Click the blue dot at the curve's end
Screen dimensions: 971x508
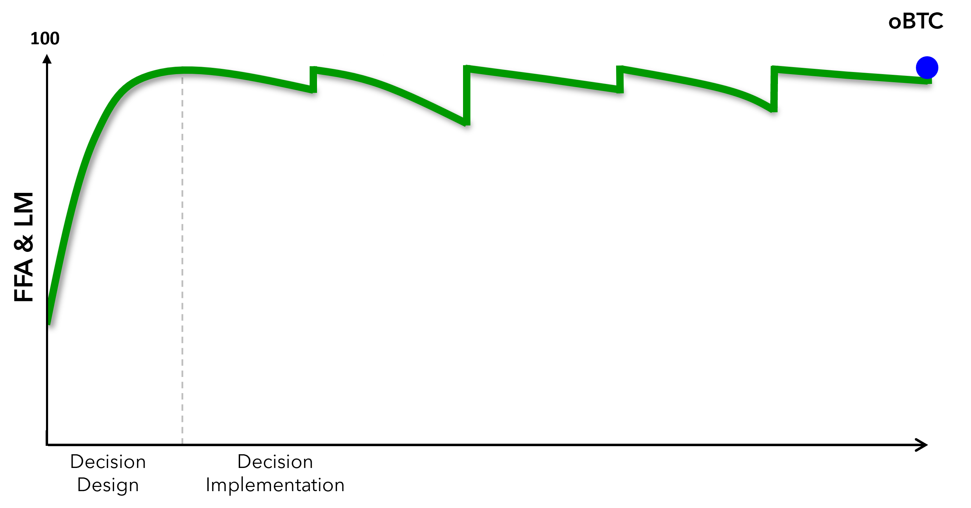[x=926, y=68]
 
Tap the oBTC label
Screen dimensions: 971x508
[x=916, y=21]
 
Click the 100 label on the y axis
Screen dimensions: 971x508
[x=45, y=38]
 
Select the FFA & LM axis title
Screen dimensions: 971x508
[x=24, y=247]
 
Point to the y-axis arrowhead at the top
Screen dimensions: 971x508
[x=47, y=59]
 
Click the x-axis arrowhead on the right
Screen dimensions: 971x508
[x=922, y=445]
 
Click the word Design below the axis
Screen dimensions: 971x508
[x=108, y=486]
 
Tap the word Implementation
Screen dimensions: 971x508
[x=275, y=486]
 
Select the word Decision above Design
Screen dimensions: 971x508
[x=108, y=462]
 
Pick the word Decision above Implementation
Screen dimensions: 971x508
[x=275, y=462]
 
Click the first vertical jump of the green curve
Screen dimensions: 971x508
[x=313, y=80]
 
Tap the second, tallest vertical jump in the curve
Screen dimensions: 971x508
[x=467, y=96]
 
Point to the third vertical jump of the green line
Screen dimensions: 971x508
[x=620, y=80]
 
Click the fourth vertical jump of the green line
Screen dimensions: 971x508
[x=773, y=89]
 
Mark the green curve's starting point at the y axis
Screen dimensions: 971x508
[x=49, y=323]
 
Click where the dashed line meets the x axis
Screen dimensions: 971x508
[x=183, y=445]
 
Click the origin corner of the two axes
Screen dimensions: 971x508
[x=47, y=445]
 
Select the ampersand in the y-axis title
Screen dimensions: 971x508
[x=24, y=243]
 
